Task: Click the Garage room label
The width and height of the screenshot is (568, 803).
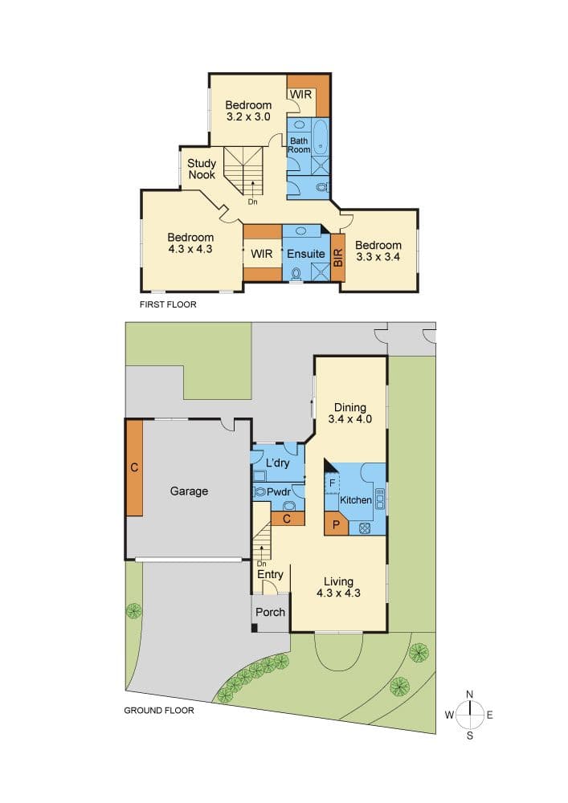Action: coord(189,491)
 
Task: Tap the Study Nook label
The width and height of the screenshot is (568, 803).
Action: coord(202,169)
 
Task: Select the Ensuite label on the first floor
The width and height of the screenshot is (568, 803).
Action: coord(306,254)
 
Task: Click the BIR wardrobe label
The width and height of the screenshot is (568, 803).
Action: coord(338,257)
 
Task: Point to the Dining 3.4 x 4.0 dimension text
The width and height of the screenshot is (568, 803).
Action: coord(350,419)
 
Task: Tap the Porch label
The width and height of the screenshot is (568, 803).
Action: coord(271,612)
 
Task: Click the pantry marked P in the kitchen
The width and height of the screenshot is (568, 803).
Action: coord(337,525)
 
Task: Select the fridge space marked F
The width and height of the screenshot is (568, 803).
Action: coord(332,483)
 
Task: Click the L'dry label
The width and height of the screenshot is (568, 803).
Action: coord(278,463)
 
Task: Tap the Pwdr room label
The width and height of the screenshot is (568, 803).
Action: coord(279,492)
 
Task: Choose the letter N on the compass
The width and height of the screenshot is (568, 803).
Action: coord(470,695)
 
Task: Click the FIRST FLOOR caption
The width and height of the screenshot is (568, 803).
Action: coord(168,304)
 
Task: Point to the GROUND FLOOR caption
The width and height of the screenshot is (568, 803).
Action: coord(159,711)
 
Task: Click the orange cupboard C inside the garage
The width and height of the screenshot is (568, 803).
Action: coord(134,467)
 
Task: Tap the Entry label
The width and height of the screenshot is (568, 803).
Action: coord(270,575)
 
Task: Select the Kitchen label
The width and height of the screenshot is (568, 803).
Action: coord(356,499)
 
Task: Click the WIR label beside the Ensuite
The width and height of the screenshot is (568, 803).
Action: coord(262,254)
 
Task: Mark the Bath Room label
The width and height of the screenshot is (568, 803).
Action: coord(299,145)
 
